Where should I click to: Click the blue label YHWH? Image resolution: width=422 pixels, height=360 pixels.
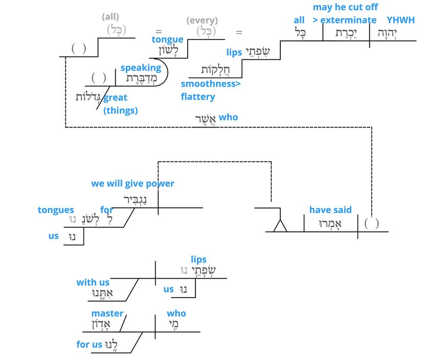point(401,20)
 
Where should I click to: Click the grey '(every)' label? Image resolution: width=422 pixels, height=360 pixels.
point(202,20)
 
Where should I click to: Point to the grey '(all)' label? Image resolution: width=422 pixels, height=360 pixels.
point(111,17)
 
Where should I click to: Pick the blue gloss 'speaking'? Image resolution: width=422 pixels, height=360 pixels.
point(141,68)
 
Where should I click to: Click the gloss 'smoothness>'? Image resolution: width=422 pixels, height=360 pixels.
point(211,83)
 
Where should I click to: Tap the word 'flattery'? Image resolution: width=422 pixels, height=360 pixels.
point(198,96)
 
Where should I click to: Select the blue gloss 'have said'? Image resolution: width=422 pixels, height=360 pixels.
point(330,209)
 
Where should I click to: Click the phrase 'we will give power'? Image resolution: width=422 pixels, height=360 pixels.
point(132,183)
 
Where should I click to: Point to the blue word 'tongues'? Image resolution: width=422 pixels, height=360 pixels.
point(56,210)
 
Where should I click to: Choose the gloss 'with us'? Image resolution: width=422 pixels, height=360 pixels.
point(93,282)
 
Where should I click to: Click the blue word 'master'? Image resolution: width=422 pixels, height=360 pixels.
point(107,313)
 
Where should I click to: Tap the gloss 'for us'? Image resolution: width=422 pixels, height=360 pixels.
point(90,344)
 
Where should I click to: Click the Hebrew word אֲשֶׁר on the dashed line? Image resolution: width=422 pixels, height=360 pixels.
point(206,118)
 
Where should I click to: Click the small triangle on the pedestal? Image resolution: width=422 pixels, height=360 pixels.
point(280,225)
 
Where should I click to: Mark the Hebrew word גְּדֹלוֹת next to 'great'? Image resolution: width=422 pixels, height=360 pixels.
point(89,96)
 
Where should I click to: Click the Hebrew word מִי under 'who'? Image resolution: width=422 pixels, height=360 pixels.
point(175,325)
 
